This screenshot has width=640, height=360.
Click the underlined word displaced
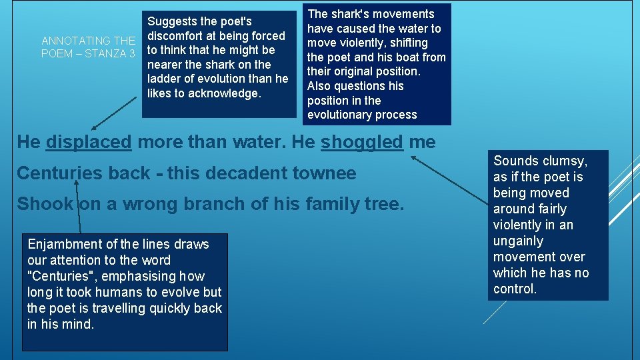89,142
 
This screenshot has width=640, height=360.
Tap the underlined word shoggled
362,142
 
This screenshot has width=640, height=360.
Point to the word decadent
243,173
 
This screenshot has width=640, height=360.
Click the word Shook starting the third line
45,204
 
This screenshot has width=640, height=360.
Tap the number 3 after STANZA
132,53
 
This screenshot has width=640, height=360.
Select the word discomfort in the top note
179,36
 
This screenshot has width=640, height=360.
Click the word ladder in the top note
164,79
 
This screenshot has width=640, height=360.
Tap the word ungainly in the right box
518,241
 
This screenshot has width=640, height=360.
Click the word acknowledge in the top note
225,93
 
